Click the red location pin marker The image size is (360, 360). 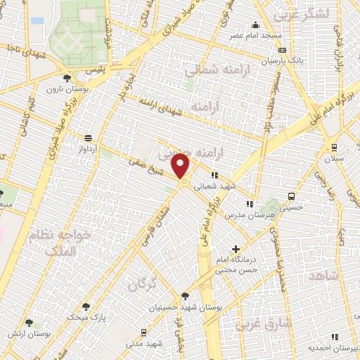182,167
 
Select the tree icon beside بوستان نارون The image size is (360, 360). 66,78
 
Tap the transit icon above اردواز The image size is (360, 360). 88,139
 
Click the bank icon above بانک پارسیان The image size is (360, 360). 283,51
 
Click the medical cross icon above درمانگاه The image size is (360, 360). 236,248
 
